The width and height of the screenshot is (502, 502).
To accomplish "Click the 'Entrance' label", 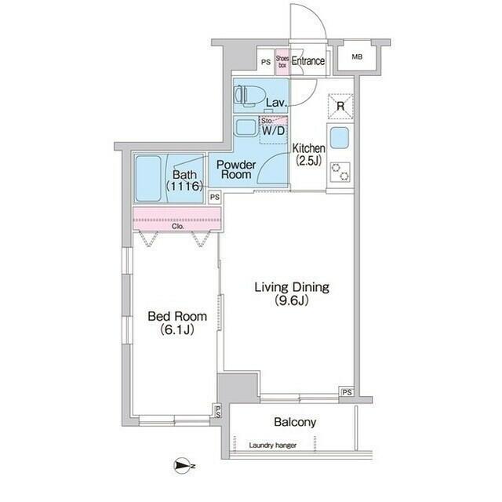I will [x=308, y=61].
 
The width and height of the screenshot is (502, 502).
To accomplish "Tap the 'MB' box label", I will [x=357, y=56].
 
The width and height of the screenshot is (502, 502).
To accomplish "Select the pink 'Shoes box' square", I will [x=281, y=62].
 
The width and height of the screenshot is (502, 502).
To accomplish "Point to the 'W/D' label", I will [x=273, y=131].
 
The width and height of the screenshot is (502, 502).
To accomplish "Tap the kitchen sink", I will [x=340, y=138].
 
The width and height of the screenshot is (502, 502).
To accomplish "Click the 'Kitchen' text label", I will [x=309, y=148].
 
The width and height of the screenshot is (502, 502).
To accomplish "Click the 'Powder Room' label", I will [x=236, y=169].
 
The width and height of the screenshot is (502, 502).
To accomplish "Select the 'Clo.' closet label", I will [x=176, y=227].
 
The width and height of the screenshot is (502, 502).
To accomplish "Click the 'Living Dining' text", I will [x=291, y=287].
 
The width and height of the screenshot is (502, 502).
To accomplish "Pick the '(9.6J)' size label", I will [x=291, y=301].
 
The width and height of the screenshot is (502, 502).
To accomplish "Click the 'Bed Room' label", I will [x=178, y=317].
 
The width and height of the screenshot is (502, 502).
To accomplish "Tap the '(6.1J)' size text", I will [x=178, y=330].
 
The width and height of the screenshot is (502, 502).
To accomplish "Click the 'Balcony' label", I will [x=295, y=422].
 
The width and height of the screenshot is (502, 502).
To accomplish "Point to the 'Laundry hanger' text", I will [x=272, y=446].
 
